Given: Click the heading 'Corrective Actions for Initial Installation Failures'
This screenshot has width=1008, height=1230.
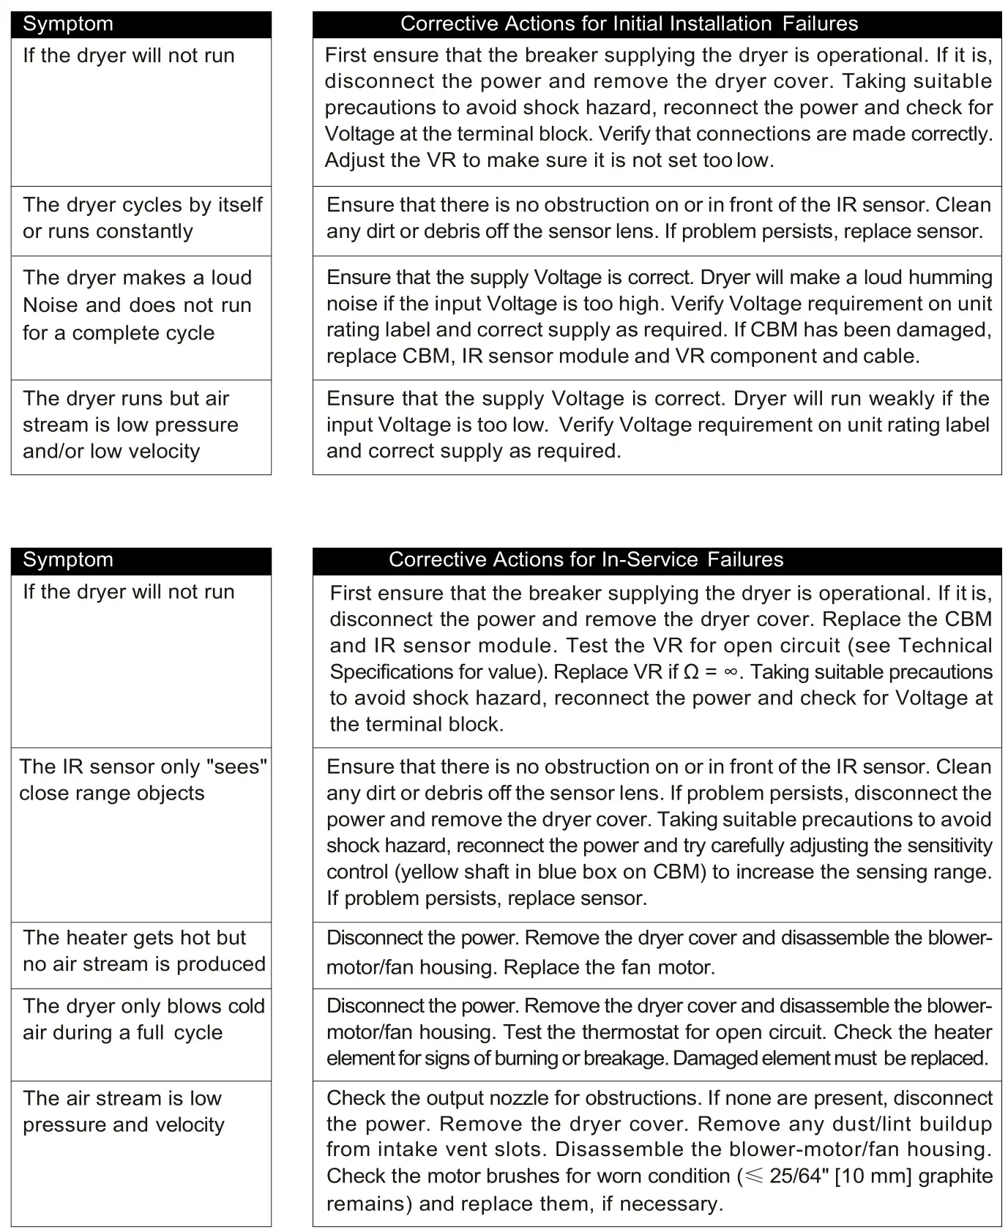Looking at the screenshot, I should [629, 24].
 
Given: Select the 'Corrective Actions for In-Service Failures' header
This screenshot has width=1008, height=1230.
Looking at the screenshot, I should [586, 560].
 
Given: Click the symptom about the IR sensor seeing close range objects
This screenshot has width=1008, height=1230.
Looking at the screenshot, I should [143, 780].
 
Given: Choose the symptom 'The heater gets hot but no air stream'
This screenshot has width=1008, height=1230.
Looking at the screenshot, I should [143, 951].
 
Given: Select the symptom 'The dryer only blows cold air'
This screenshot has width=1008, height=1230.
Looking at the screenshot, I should [143, 1019].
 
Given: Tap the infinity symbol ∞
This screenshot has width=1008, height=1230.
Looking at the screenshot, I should [730, 672].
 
